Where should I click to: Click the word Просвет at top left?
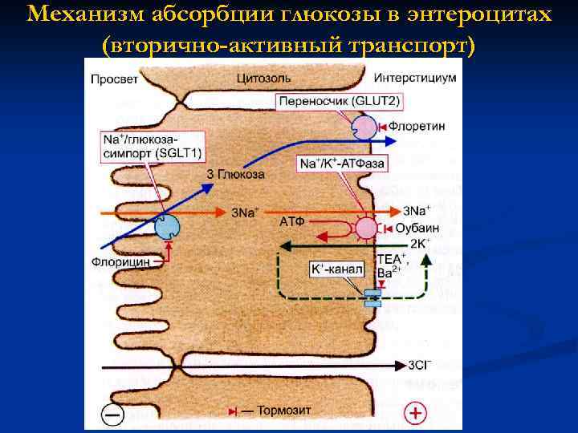pos(114,79)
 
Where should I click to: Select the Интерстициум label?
pos(415,79)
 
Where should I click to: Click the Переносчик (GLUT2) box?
pos(339,102)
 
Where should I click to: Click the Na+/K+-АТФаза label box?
pos(342,163)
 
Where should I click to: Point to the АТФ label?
pos(291,220)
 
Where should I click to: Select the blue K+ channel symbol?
pos(373,298)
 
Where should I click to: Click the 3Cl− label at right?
pos(421,366)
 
